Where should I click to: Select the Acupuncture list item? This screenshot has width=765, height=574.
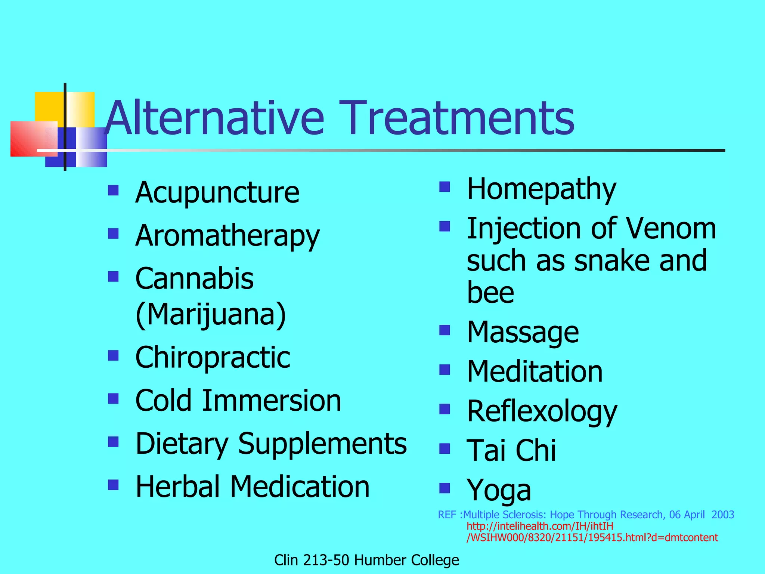point(217,192)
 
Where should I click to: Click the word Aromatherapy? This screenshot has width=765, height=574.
point(227,236)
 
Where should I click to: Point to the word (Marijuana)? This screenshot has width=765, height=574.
point(211,315)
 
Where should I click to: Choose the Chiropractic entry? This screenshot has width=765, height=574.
point(213,357)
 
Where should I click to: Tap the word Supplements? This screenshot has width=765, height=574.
point(322,444)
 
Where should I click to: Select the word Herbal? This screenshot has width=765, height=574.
point(177,487)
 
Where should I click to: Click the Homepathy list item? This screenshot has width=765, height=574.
point(541,189)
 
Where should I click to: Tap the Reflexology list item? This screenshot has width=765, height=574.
point(542,411)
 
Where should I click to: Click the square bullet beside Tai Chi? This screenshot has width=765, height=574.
point(445,448)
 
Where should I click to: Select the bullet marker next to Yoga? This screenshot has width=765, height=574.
point(445,488)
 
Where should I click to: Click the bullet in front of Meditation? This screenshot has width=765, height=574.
point(445,370)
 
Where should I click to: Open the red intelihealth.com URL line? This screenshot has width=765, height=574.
point(540,526)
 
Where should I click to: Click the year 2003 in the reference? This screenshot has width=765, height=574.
point(723,515)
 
